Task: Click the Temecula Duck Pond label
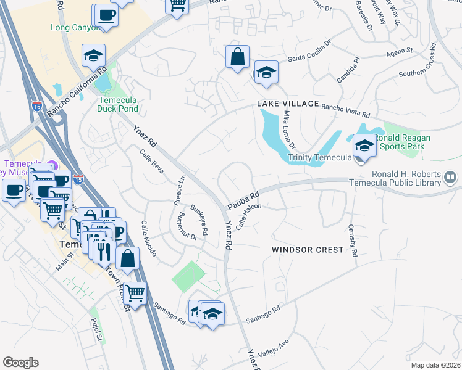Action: point(117,104)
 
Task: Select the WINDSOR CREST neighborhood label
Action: point(308,250)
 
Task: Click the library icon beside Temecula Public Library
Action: point(451,178)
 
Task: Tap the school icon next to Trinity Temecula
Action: point(364,146)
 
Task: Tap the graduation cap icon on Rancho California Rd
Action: point(94,56)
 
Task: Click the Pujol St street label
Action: point(96,329)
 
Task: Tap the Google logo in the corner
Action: point(20,363)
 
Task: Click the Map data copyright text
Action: point(435,365)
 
